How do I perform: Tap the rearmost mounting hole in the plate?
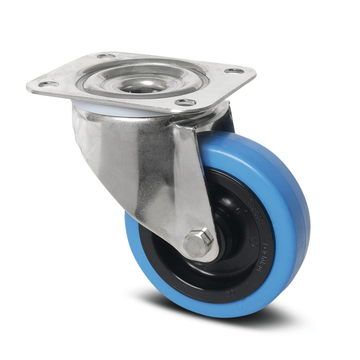106,56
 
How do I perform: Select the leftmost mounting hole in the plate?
49,84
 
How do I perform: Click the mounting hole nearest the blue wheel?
186,102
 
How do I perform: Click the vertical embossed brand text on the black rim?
267,257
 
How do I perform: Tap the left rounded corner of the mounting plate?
31,86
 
